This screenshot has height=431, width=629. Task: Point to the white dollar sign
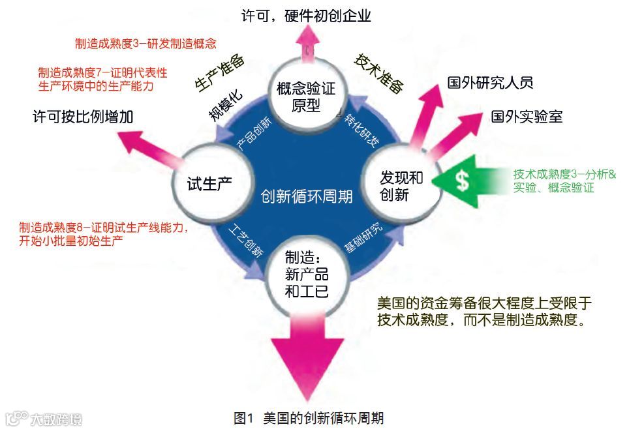462,181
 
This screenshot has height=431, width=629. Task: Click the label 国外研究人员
489,83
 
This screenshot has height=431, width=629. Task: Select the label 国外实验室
526,117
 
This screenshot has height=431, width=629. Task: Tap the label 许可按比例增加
83,117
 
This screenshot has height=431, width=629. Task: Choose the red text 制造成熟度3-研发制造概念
146,44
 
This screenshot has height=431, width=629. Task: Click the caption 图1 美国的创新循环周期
313,417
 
